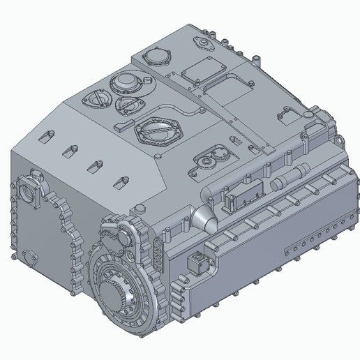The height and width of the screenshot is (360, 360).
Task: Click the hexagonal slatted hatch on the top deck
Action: (158, 130)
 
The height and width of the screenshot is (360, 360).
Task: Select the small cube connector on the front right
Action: (199, 263)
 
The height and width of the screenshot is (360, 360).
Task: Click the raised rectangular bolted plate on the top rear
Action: (202, 70)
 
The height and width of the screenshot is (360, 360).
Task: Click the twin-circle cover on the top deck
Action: (208, 161)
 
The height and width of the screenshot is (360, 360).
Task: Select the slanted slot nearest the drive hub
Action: (123, 181)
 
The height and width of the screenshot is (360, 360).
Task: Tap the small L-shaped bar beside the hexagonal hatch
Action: (123, 125)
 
